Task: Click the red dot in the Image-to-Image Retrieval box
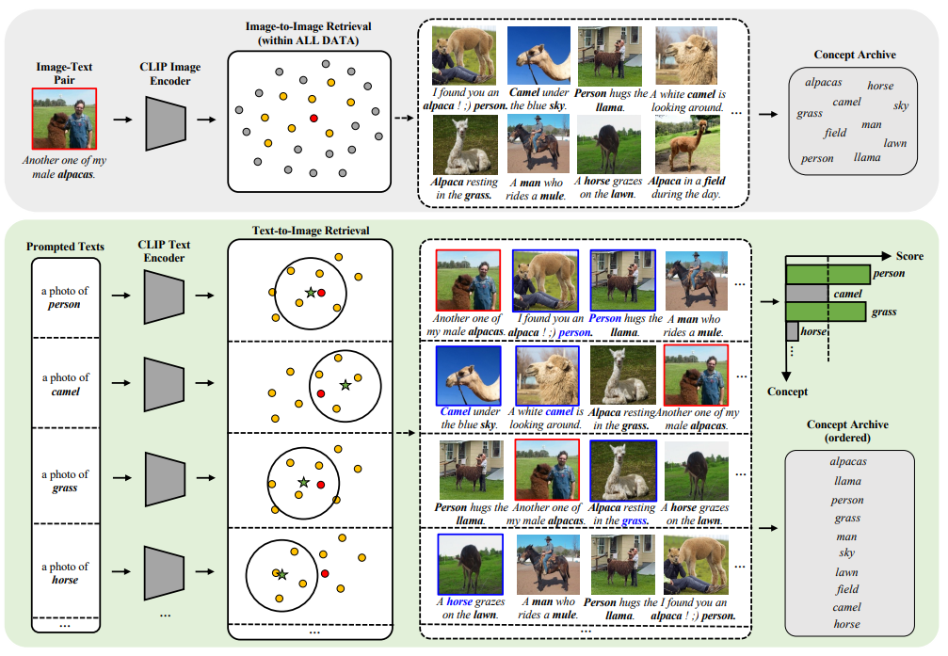pos(313,118)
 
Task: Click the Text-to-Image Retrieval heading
pos(311,231)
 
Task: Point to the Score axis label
pos(909,255)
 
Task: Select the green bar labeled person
pos(827,274)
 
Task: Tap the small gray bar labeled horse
pos(792,331)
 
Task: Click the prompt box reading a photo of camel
pos(66,384)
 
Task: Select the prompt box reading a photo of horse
pos(66,573)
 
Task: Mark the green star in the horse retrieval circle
pos(281,573)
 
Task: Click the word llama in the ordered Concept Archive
pos(847,481)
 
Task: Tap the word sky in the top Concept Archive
pos(901,105)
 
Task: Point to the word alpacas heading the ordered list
pos(847,461)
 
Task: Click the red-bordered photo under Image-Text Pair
pos(65,120)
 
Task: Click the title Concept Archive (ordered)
pos(847,431)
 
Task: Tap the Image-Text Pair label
pos(65,73)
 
